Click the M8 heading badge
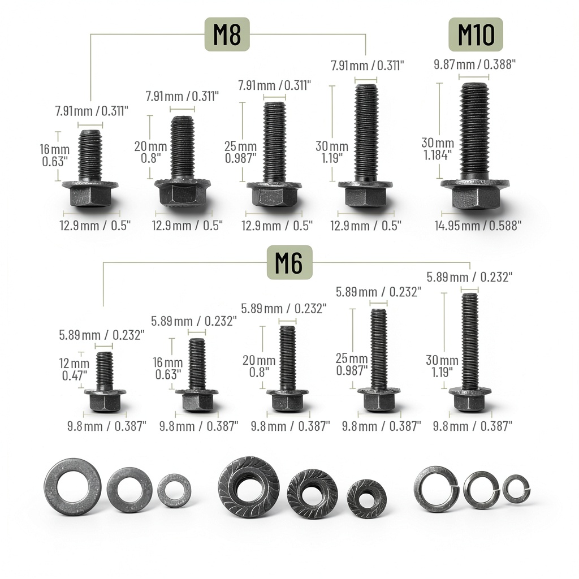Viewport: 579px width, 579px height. point(227,34)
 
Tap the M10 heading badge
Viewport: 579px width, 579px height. point(476,34)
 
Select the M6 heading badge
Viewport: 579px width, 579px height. point(289,262)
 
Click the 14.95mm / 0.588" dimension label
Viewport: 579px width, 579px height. point(478,225)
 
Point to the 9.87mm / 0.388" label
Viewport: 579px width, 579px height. point(474,64)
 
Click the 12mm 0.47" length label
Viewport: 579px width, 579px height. point(74,369)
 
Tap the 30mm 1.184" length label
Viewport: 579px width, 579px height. point(438,149)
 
